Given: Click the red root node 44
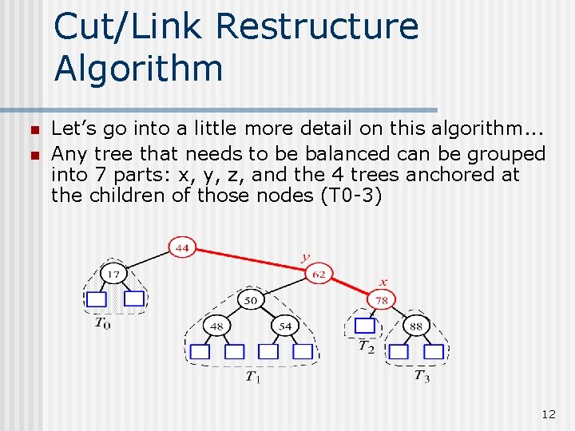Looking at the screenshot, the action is tap(182, 248).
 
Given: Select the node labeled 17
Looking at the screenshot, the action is tap(114, 275).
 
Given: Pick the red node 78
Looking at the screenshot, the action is tap(382, 301).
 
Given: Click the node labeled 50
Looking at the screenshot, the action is tap(251, 301).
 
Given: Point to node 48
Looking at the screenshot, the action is tap(216, 326).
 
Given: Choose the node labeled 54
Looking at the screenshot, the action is tap(285, 326).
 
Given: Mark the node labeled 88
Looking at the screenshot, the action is tap(416, 326).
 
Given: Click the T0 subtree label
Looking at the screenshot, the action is tap(102, 322).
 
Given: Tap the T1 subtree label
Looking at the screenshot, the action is tap(252, 377).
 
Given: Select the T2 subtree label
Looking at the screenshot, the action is tap(366, 346).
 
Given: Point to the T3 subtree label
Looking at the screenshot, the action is tap(422, 376).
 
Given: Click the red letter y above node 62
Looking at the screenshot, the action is tap(304, 257).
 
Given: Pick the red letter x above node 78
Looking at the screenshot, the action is tap(383, 282).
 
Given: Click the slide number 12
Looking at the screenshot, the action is tap(548, 414).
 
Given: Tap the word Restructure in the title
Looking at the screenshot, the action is tap(316, 26).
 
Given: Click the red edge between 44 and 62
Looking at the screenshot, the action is tap(251, 262).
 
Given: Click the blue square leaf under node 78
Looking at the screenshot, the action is tap(365, 326).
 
